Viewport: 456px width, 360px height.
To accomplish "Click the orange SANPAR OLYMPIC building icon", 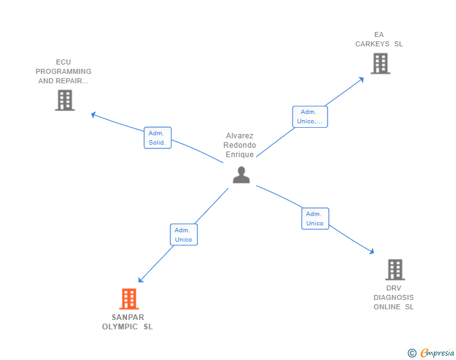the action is click(129, 299).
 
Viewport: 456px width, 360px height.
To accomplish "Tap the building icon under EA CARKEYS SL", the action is click(380, 63).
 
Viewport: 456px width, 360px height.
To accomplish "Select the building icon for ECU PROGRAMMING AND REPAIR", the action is click(65, 100).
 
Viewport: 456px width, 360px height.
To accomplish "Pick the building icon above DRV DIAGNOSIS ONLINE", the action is click(395, 270).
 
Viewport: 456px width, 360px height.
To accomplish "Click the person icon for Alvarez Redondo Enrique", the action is click(241, 175).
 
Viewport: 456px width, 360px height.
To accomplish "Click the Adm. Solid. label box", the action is click(158, 138).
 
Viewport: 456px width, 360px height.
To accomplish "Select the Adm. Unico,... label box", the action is click(310, 116).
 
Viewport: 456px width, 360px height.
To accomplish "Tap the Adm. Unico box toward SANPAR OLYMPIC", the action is click(184, 234).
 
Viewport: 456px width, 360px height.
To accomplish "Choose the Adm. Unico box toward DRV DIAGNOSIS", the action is click(315, 219).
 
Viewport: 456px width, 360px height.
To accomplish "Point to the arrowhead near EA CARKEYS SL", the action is click(362, 79).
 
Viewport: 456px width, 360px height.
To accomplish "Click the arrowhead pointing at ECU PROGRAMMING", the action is click(93, 115).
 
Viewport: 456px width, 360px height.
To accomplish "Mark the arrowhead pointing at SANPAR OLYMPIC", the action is click(140, 280).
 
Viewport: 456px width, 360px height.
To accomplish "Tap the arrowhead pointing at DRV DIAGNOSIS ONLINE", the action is click(371, 252).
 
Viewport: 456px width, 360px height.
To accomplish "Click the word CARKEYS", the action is click(372, 44).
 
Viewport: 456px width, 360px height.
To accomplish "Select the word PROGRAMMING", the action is click(63, 71).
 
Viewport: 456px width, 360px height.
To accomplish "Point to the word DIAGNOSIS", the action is click(393, 297).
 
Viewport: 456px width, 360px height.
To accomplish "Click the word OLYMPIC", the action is click(120, 327).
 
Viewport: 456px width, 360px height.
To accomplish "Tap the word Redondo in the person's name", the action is click(240, 145).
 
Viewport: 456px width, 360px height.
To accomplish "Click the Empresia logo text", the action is click(437, 352).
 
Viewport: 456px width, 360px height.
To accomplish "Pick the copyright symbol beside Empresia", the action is click(412, 353).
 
